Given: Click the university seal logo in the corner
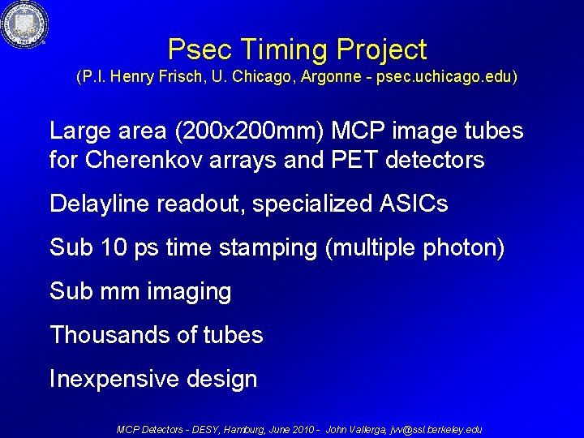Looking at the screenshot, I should coord(24,24).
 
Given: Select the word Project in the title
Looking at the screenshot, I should coord(380,50).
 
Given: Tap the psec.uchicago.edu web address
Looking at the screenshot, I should coord(444,78).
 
